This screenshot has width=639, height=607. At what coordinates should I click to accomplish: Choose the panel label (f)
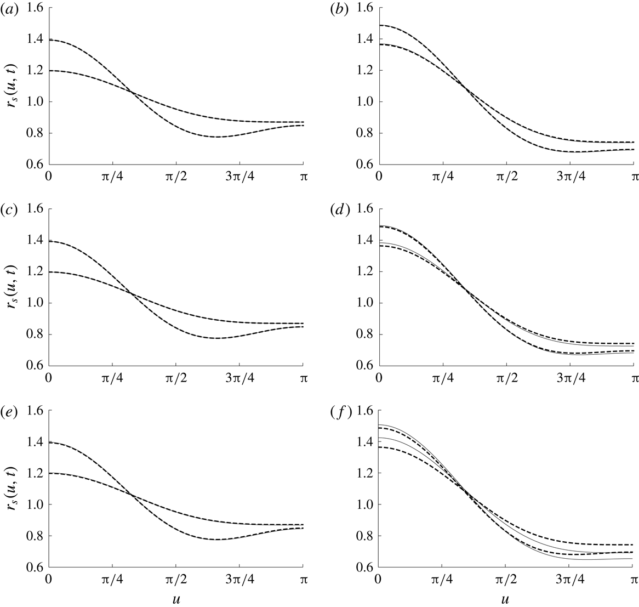pos(336,411)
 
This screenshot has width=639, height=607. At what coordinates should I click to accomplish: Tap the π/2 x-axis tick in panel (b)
pos(506,177)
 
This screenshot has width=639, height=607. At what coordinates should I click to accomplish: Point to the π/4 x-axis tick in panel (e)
pos(113,580)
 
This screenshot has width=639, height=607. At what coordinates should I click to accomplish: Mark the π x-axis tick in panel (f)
pos(633,580)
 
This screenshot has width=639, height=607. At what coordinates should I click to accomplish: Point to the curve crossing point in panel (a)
pos(130,91)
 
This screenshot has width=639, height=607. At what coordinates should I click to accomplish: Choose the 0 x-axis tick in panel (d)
pos(378,378)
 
